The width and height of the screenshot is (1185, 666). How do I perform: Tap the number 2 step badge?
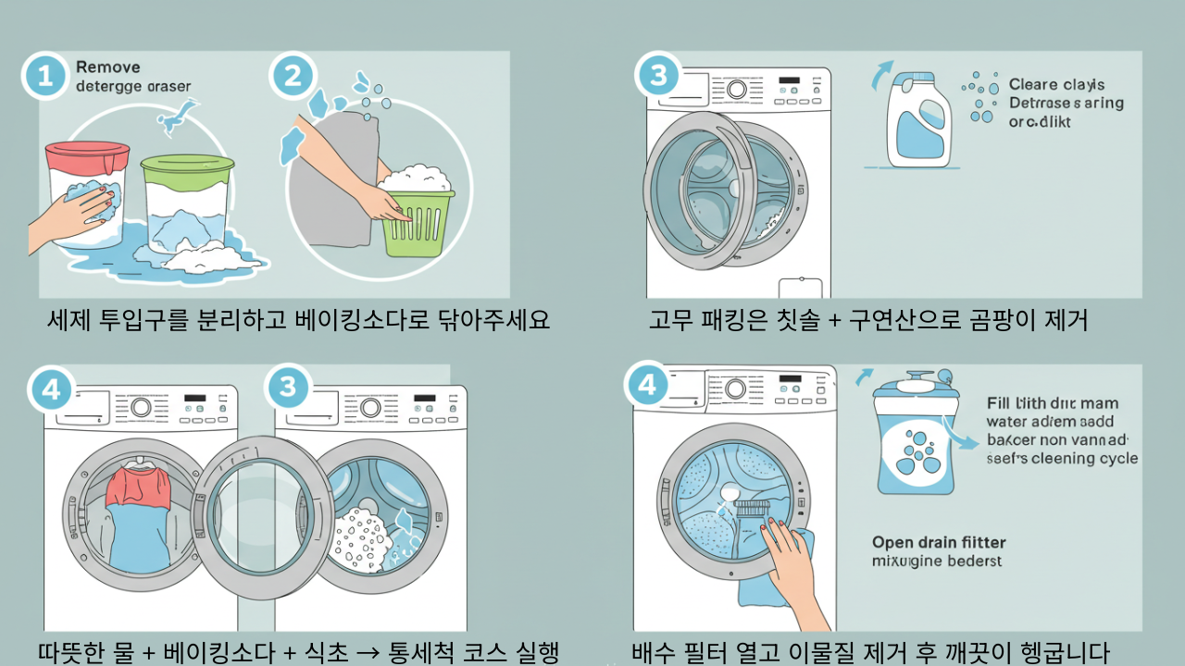[x=293, y=76]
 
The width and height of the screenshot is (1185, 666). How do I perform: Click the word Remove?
[x=107, y=67]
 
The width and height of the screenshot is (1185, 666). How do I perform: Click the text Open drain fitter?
[x=939, y=542]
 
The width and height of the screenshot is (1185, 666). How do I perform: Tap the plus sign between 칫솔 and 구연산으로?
[x=833, y=321]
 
